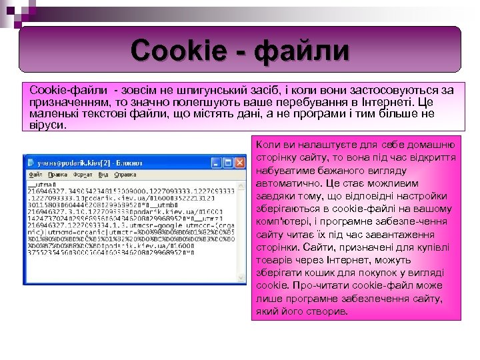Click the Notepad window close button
pos(240,162)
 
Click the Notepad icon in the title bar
pos(30,162)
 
